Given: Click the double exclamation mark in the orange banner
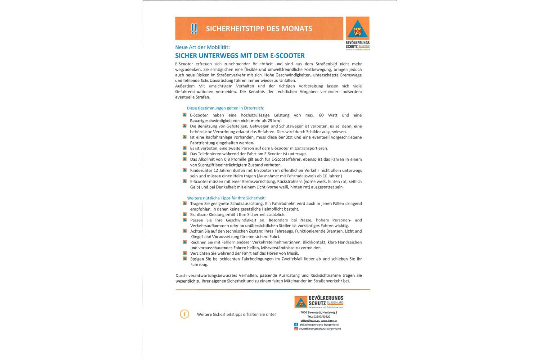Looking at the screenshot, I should point(194,28).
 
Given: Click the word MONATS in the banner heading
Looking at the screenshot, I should point(295,28).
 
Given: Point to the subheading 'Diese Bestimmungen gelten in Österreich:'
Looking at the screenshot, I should point(225,108).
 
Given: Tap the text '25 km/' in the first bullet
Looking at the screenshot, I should point(273,121).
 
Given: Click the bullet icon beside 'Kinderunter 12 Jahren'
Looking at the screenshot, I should point(184,170).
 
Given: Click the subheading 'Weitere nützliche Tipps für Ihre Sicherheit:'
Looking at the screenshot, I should point(226,198).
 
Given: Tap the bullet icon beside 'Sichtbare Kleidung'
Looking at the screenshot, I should point(184,215).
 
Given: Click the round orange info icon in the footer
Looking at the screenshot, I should point(184,314).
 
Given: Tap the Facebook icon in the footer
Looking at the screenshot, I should point(296,324).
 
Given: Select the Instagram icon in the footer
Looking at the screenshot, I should point(296,329).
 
